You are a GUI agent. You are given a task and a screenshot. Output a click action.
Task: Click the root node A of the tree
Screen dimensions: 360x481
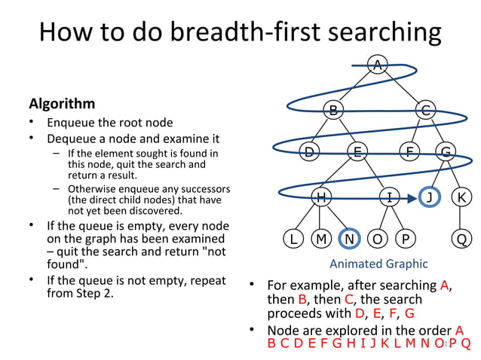(x=378, y=66)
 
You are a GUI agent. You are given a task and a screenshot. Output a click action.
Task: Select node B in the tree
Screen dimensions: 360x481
(x=332, y=110)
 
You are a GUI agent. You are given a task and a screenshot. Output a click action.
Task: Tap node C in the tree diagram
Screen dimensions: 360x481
(x=426, y=110)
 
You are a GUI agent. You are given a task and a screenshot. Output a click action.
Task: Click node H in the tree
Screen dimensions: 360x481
(x=321, y=197)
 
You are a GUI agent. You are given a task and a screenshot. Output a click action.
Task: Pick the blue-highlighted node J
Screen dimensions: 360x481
(x=430, y=197)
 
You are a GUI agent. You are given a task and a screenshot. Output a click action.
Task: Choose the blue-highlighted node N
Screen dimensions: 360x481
(x=349, y=239)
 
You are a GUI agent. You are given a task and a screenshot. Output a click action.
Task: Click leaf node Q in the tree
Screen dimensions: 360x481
(x=461, y=239)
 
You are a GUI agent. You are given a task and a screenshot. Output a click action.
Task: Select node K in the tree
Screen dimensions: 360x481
(x=461, y=197)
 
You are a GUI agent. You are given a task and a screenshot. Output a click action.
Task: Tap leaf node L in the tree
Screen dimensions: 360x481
(x=293, y=239)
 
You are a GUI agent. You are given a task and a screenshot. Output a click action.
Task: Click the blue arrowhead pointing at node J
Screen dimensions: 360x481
(x=412, y=198)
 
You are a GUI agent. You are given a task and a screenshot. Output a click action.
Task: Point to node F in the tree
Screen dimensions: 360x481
(x=409, y=152)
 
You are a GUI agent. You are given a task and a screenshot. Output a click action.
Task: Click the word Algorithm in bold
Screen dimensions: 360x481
(x=62, y=103)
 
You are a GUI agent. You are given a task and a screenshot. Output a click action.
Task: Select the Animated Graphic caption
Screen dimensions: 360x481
(x=378, y=264)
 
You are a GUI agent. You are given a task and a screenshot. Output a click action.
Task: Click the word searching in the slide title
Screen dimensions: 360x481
(x=384, y=32)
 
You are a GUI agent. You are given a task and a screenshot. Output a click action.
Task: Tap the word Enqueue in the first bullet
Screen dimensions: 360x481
(x=71, y=123)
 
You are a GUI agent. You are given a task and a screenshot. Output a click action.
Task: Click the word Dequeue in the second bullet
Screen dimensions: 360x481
(x=72, y=139)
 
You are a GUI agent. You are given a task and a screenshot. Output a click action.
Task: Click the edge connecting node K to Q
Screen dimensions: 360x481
(x=461, y=218)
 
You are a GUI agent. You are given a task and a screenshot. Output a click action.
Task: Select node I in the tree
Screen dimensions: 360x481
(x=389, y=197)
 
